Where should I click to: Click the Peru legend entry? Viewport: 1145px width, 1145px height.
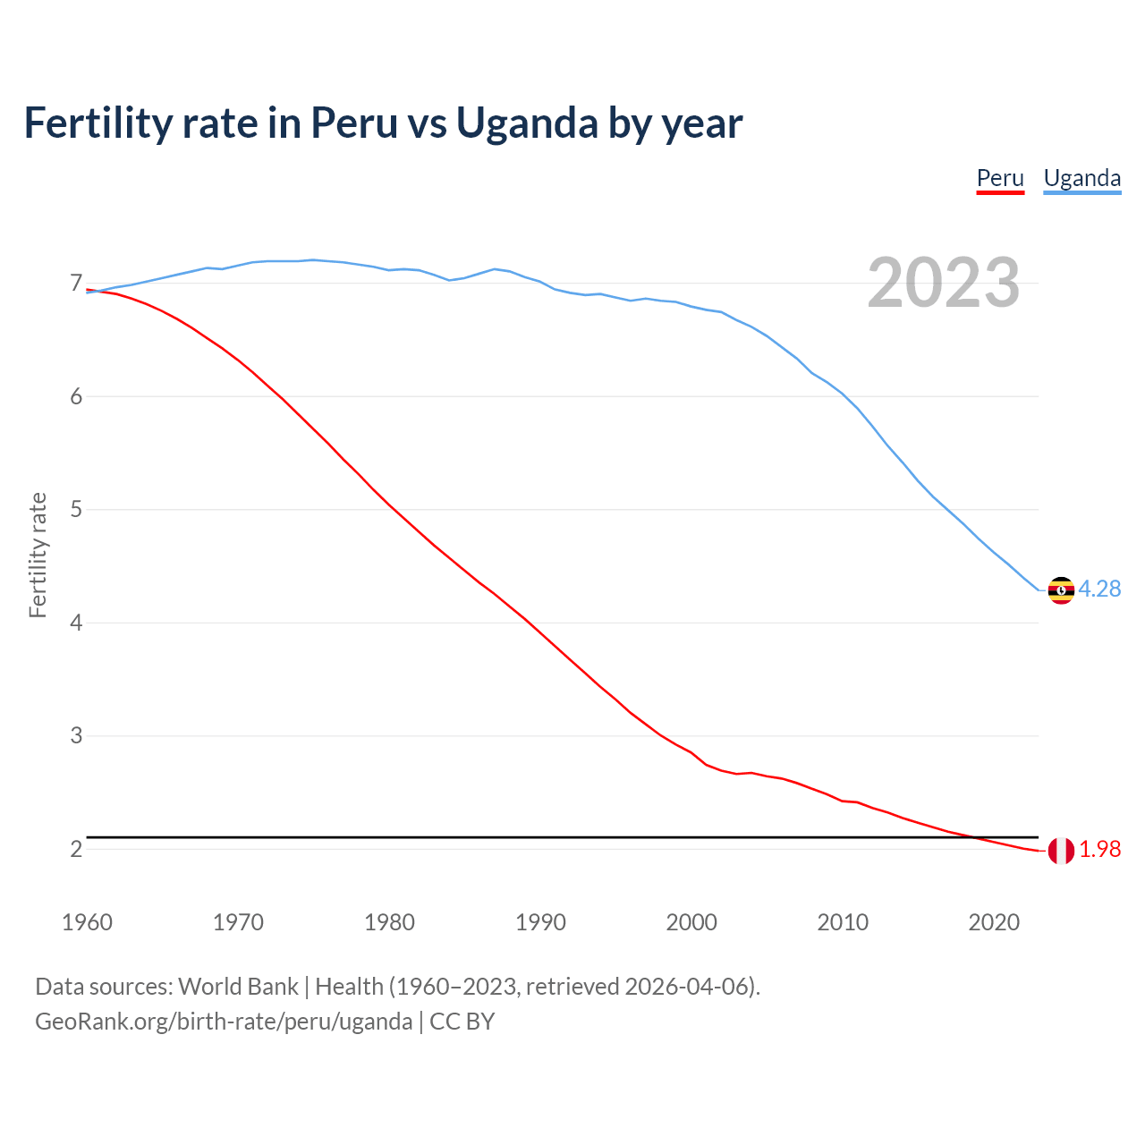click(999, 178)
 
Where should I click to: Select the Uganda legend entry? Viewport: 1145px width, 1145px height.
click(1081, 178)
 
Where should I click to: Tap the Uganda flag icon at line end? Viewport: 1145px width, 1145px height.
click(1061, 590)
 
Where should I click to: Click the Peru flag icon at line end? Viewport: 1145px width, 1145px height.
click(1061, 851)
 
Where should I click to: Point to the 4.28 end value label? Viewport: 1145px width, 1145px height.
click(1099, 589)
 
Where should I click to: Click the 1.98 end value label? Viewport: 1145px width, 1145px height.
click(1099, 850)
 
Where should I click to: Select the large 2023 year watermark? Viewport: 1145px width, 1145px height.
click(943, 283)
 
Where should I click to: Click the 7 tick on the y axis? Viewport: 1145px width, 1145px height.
click(76, 284)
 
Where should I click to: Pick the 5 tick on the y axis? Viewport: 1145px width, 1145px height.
click(76, 510)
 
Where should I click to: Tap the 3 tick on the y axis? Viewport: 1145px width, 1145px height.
click(76, 736)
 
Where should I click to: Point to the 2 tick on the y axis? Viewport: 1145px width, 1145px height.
click(76, 849)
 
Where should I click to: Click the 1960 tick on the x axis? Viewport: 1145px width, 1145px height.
click(87, 922)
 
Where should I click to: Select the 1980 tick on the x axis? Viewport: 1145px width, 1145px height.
click(389, 922)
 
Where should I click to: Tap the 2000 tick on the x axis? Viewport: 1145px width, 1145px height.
click(691, 922)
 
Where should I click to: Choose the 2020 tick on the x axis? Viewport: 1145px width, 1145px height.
click(994, 922)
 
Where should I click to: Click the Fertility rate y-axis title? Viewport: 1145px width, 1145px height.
click(38, 555)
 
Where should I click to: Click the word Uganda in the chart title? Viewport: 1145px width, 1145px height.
click(526, 123)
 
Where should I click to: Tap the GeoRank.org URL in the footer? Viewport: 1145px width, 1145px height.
click(224, 1022)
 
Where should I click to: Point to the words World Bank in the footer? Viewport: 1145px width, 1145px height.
click(238, 987)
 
